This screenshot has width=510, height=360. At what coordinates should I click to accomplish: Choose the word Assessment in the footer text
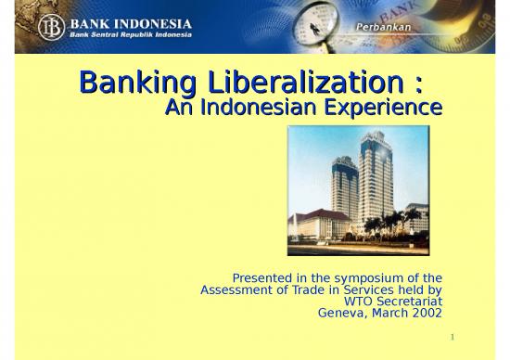238,289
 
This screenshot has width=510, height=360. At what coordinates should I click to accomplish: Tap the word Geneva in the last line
342,314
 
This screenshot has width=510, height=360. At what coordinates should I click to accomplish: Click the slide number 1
450,337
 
